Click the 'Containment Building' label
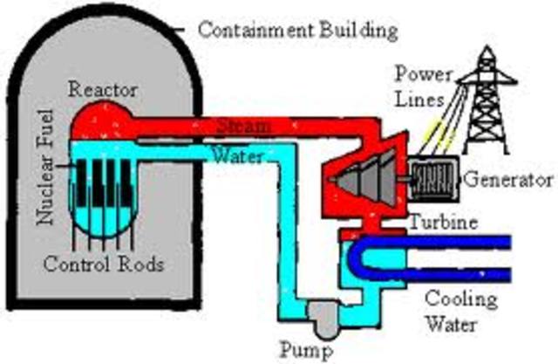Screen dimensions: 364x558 pos(297,30)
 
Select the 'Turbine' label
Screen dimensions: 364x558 pos(445,222)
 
